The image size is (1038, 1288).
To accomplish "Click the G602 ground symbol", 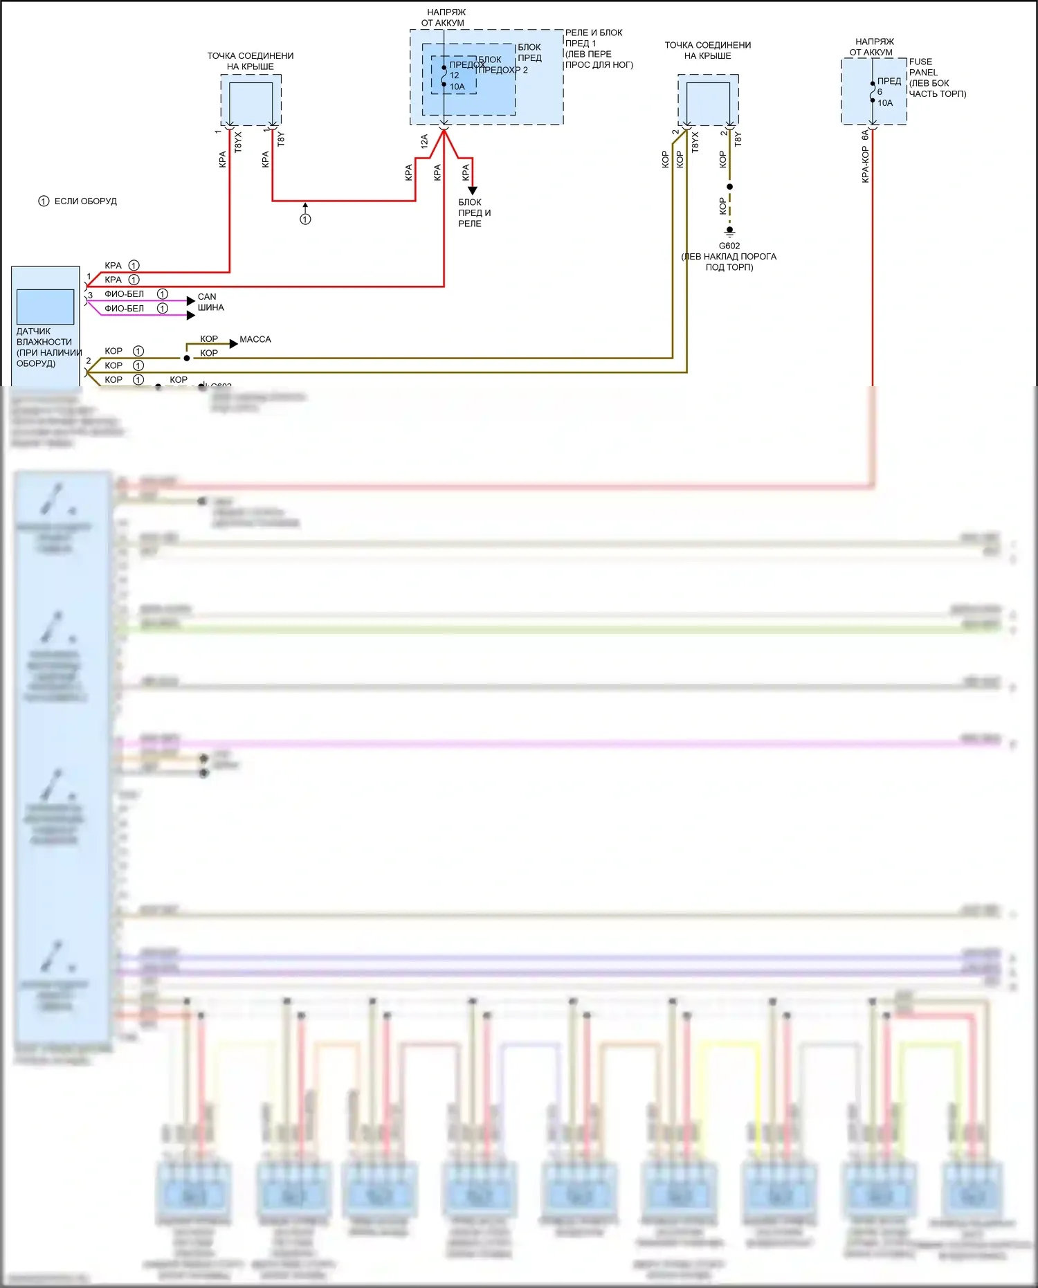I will [x=729, y=231].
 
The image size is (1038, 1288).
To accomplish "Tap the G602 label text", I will [x=729, y=246].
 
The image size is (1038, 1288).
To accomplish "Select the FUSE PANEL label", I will [x=923, y=67].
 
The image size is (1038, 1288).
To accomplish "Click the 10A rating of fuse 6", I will [x=885, y=103].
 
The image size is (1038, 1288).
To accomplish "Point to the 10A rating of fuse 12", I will [x=457, y=87].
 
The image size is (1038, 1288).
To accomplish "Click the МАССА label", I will [x=255, y=339].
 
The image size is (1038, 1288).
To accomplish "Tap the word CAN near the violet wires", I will [x=207, y=297].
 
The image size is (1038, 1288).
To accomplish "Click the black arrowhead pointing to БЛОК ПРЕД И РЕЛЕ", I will [x=473, y=190].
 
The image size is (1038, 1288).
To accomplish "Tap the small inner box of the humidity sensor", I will [x=46, y=307].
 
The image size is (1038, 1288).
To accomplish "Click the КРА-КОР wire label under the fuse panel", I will [x=866, y=164].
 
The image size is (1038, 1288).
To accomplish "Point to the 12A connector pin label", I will [x=424, y=141].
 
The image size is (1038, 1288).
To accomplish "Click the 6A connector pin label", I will [x=865, y=135].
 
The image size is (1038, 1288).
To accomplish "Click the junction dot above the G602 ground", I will [x=729, y=187].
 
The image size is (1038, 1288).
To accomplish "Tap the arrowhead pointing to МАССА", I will [x=234, y=343].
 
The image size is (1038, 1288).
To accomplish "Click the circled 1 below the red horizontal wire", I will [x=305, y=219].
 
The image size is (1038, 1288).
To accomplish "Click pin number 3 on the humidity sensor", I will [x=90, y=296].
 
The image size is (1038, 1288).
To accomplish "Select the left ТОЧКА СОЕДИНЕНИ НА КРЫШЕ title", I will [x=251, y=61].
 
